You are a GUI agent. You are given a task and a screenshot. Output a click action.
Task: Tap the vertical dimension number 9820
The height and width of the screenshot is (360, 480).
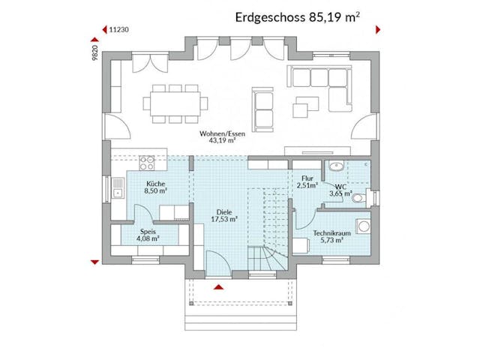click(x=96, y=51)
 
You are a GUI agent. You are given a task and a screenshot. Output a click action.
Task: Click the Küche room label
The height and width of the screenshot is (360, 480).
click(x=156, y=187)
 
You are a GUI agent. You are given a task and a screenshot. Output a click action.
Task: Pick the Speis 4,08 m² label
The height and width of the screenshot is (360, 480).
click(x=148, y=235)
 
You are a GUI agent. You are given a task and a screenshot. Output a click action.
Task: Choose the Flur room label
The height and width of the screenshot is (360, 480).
click(x=307, y=181)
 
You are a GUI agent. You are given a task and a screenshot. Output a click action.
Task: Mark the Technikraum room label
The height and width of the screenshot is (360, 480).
click(x=328, y=235)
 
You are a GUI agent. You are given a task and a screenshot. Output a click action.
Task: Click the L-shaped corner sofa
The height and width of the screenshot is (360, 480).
click(x=323, y=82)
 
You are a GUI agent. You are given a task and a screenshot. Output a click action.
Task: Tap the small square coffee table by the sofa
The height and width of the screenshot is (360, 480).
click(x=301, y=109)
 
